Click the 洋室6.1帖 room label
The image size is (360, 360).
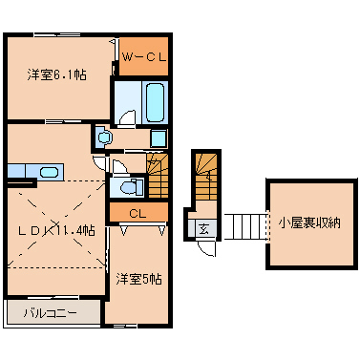(x=56, y=74)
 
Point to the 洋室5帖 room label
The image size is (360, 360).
(x=139, y=279)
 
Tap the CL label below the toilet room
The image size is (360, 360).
(x=137, y=213)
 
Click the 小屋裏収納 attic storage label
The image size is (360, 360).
(x=309, y=223)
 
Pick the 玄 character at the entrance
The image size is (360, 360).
(x=204, y=228)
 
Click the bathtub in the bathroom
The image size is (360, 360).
(x=156, y=99)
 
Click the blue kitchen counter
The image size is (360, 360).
(x=34, y=172)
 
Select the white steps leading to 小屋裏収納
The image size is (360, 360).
(x=244, y=226)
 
